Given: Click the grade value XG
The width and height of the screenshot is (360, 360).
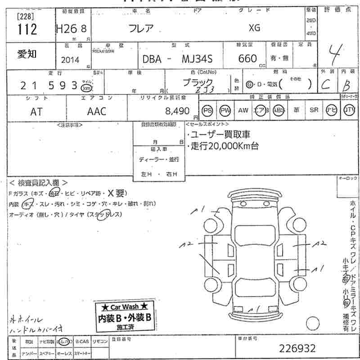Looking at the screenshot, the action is point(254,28).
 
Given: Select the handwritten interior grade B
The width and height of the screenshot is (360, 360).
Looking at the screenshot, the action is point(345,84).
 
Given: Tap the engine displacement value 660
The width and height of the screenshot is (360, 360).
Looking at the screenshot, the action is point(247,58).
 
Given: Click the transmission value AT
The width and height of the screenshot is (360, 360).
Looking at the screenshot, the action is point(36,112).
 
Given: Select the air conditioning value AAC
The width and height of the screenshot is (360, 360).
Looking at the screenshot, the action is point(96,112).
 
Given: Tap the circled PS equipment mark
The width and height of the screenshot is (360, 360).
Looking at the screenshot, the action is point(207,110).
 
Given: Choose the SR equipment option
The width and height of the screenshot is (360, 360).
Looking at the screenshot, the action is point(314,110).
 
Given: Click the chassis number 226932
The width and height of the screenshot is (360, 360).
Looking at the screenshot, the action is point(297,348).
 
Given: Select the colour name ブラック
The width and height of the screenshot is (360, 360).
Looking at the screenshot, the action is point(198,82).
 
